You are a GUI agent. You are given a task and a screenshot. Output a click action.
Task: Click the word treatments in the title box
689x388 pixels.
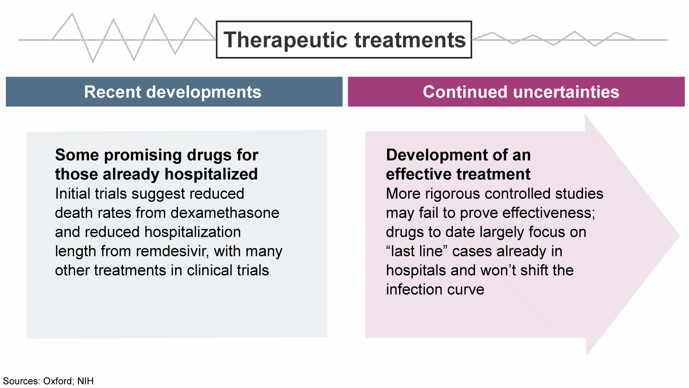(x=411, y=40)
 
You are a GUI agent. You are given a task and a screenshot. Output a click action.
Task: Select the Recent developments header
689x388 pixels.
(x=173, y=92)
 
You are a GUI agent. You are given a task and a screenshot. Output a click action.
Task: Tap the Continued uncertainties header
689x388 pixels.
(x=521, y=92)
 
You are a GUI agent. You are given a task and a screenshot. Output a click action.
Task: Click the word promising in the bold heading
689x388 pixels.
(x=143, y=156)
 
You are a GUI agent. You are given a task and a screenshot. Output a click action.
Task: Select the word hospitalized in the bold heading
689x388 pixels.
(x=211, y=174)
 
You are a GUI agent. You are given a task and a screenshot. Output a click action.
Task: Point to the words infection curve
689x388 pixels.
(x=435, y=289)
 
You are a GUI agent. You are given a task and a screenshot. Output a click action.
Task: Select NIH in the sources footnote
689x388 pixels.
(x=86, y=381)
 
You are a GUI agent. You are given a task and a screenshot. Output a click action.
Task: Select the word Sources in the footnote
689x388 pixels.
(x=21, y=381)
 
